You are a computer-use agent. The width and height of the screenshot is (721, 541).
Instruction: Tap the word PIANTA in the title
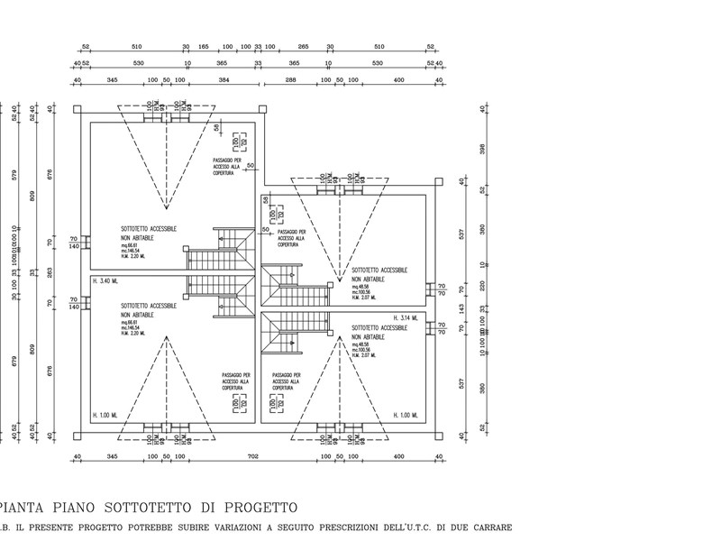point(26,509)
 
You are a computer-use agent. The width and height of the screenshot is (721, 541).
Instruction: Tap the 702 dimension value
point(253,458)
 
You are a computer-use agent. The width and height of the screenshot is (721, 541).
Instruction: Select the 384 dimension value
point(224,81)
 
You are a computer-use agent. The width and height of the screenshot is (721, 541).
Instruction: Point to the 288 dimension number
point(290,81)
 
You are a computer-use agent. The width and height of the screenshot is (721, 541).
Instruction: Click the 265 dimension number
point(303,46)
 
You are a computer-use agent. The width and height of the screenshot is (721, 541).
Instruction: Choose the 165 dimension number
point(203,46)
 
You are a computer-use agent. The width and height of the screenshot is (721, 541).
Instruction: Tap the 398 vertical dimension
point(484,149)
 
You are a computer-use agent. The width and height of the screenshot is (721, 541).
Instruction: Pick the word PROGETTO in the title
point(259,509)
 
